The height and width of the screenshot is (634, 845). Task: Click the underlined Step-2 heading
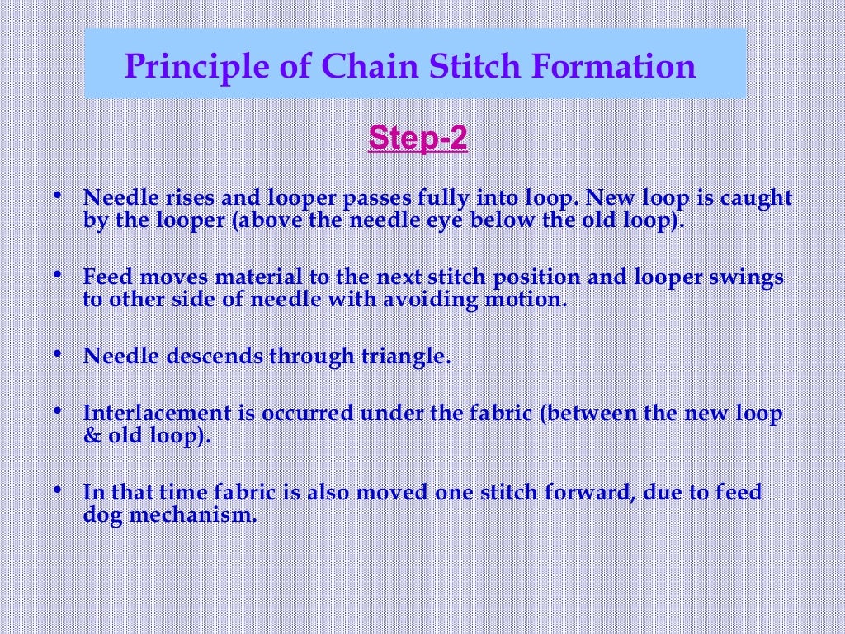418,138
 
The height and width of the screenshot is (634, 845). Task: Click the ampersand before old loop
92,435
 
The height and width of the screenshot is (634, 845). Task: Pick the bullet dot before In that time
58,490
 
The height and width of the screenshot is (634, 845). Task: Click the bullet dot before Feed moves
58,274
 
